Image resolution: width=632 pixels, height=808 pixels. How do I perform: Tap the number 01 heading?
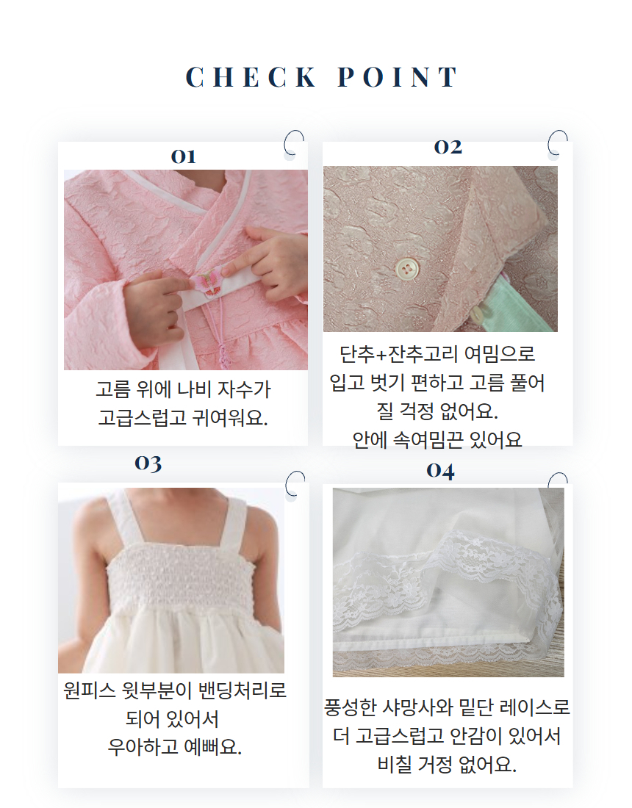pos(184,156)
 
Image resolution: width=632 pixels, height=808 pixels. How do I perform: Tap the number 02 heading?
pos(448,147)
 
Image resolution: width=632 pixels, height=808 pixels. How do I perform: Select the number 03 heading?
pos(148,463)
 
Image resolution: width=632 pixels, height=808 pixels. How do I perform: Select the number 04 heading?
pos(440,470)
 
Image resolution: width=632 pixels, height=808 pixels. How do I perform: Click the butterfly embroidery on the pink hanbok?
pos(208,283)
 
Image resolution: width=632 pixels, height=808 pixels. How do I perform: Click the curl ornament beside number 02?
pos(558,141)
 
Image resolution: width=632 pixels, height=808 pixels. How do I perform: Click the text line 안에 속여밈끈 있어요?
pos(437,439)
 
